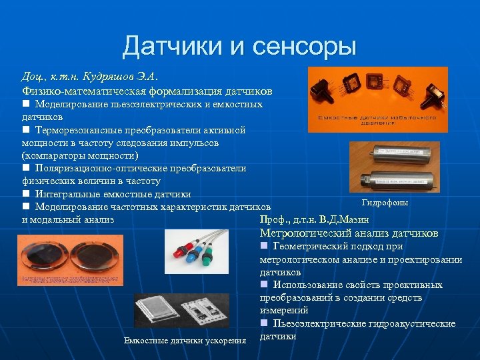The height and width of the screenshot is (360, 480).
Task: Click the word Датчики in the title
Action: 169,47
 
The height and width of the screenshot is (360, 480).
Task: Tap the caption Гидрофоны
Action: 385,203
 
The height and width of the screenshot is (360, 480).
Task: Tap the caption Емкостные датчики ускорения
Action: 185,341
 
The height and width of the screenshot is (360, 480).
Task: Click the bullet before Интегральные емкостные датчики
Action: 25,194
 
